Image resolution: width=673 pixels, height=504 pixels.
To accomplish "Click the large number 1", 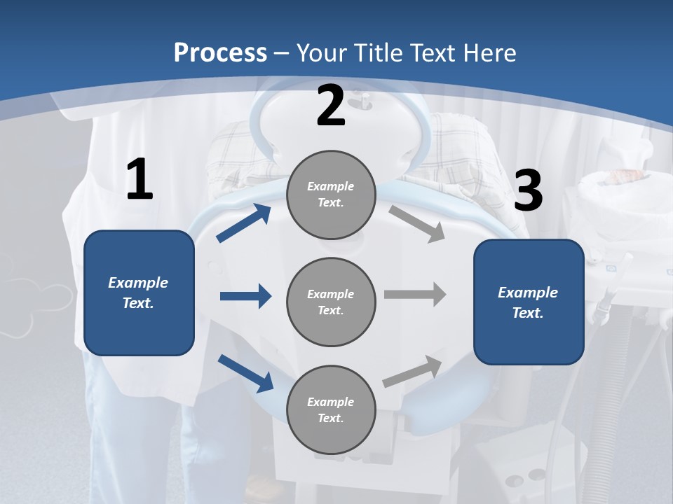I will pos(140,179).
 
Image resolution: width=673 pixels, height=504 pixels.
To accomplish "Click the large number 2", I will pos(331,106).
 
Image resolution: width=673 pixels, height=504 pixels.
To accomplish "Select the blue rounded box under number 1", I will pos(139,293).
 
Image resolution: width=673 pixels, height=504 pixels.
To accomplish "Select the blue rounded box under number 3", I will pos(529,302).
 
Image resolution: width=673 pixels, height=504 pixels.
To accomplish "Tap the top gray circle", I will pos(331,195).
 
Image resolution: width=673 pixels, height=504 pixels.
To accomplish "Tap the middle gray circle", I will pos(331,302).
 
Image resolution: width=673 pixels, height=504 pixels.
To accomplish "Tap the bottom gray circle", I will pos(331,409).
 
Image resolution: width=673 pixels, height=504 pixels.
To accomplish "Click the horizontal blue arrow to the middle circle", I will pos(245,296).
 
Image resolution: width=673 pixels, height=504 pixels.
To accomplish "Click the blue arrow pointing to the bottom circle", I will pos(246,373).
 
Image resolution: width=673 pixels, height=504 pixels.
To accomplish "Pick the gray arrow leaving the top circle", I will pos(417,223).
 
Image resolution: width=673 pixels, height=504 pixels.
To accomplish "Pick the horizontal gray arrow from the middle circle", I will pos(415,294).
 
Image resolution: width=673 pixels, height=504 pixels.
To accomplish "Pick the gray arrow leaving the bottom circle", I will pos(413,371).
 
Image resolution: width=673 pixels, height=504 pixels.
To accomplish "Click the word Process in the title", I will pos(220,52).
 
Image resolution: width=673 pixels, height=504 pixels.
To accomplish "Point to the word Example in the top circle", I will pos(330,186).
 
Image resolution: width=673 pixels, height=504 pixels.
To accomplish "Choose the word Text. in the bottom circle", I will pos(330,418).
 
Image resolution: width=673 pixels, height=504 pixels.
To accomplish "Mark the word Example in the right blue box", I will pos(528,293).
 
